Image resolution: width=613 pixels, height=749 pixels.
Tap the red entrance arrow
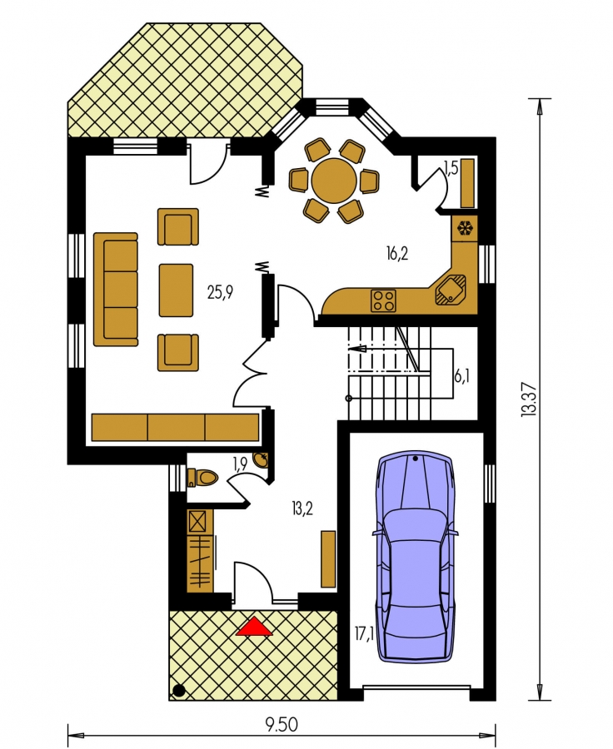254,627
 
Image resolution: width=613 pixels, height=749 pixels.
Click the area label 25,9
220,292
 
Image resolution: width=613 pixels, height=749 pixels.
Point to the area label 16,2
397,254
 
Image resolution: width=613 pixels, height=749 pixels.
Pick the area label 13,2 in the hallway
302,508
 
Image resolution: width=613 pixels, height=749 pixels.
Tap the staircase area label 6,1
461,377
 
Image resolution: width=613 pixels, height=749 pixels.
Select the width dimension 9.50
282,725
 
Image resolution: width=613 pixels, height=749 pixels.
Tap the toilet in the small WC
203,477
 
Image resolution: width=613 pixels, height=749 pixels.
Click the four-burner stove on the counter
383,300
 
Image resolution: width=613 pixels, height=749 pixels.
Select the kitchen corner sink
450,290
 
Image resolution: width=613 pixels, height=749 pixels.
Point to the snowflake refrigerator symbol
463,228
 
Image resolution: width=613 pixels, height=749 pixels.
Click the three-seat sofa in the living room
116,290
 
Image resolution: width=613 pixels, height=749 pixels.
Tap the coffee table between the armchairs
176,290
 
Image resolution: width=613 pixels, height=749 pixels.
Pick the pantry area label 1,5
451,169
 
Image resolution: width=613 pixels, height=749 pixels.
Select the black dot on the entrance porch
178,690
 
